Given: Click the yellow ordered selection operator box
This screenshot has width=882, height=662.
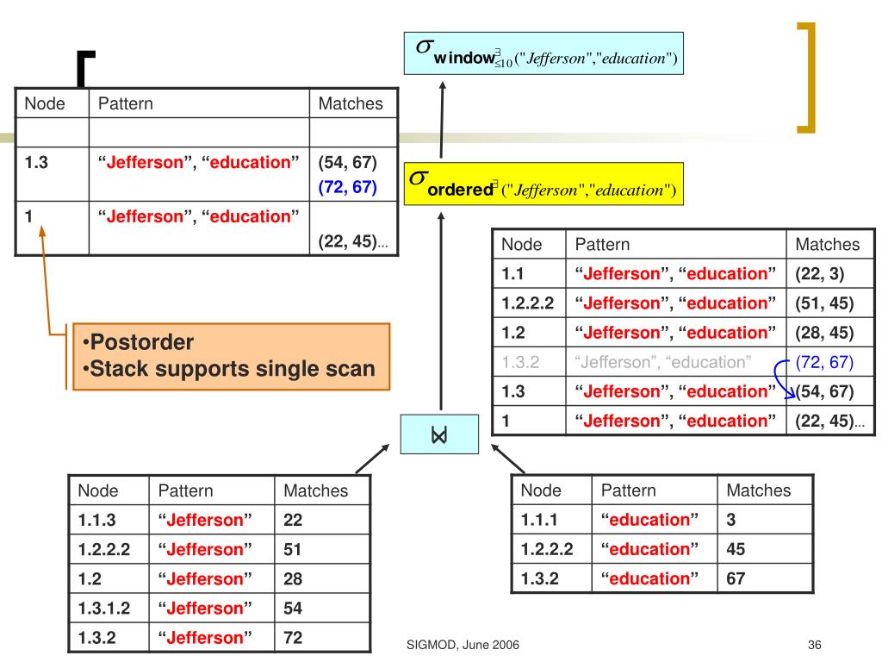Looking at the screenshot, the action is click(544, 184).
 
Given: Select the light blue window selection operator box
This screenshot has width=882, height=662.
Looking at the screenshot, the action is click(544, 53).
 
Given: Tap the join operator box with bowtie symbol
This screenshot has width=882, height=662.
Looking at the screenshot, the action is click(440, 434).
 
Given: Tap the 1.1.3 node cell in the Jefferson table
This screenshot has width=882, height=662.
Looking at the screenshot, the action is click(96, 520).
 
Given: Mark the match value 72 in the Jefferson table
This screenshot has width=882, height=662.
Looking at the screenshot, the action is click(294, 638).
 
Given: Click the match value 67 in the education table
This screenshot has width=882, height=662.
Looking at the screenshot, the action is click(736, 578).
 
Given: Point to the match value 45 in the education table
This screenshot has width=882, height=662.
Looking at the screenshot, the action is click(736, 549).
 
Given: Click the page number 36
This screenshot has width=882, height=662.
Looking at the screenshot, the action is click(817, 646).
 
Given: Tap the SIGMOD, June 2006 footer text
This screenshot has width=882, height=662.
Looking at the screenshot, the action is click(462, 646).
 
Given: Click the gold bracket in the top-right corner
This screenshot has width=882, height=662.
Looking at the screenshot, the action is click(806, 78).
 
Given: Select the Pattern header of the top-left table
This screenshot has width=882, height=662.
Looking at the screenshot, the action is click(125, 103).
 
